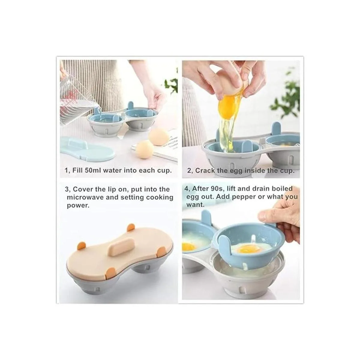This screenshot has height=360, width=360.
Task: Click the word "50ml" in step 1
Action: click(x=93, y=170)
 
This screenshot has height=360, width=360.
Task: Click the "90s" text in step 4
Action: click(x=219, y=188)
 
